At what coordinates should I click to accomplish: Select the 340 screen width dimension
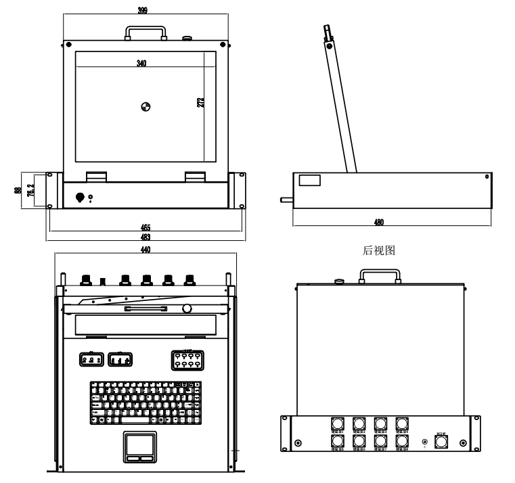pyautogui.click(x=141, y=63)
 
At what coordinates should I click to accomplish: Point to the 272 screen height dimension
pyautogui.click(x=201, y=103)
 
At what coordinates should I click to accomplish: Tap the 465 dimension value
pyautogui.click(x=145, y=227)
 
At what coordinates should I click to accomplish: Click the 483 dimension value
pyautogui.click(x=145, y=237)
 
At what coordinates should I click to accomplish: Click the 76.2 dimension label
pyautogui.click(x=29, y=190)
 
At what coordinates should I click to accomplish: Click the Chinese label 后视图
pyautogui.click(x=379, y=250)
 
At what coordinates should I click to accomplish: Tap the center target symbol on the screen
pyautogui.click(x=145, y=105)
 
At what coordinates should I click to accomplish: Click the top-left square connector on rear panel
pyautogui.click(x=337, y=424)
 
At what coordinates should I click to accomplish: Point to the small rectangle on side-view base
pyautogui.click(x=311, y=181)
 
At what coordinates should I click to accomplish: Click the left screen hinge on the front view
pyautogui.click(x=96, y=176)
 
